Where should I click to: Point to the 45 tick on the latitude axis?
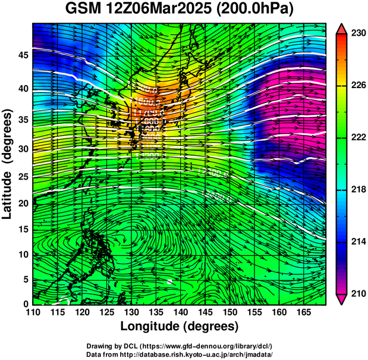(x=21, y=55)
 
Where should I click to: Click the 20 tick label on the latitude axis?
(x=21, y=203)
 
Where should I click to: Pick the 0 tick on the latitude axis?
(x=24, y=303)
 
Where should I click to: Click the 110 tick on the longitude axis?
(x=33, y=312)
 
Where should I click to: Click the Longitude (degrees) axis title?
(x=180, y=326)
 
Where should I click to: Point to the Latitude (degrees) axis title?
(x=8, y=164)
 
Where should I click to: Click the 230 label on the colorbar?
(x=357, y=34)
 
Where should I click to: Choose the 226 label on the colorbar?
(x=357, y=86)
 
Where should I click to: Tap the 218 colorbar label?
(x=357, y=190)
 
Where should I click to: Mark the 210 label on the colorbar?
(x=357, y=293)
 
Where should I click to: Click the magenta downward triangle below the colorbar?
(x=342, y=299)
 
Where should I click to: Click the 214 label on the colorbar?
(x=357, y=242)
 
